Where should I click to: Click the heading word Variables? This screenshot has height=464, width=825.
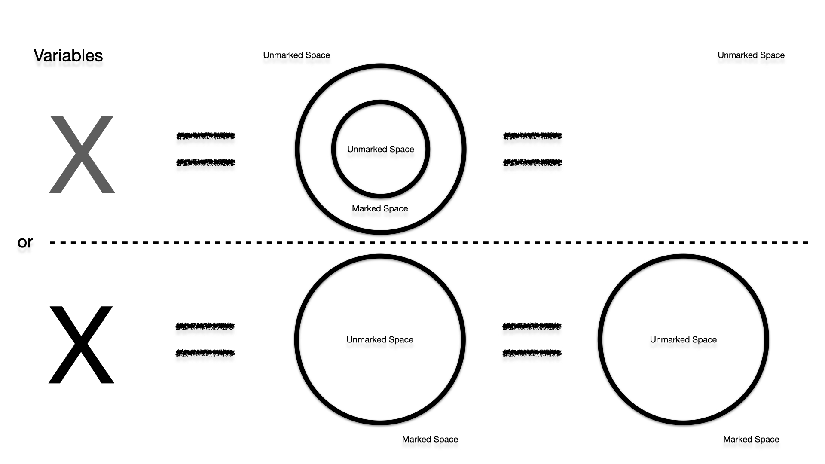[x=68, y=55]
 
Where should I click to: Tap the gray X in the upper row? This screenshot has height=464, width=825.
[x=82, y=154]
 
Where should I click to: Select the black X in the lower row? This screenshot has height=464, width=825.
[x=81, y=345]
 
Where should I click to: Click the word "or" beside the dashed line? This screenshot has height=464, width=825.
[x=25, y=242]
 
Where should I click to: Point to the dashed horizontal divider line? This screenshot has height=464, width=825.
[x=430, y=243]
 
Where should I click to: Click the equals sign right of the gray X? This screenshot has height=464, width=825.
[x=206, y=149]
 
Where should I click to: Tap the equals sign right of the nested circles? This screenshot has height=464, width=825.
[x=532, y=149]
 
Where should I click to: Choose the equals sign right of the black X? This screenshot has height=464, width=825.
[x=205, y=339]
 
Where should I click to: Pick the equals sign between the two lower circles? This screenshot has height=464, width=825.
[x=532, y=339]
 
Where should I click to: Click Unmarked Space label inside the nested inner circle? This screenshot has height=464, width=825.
[x=380, y=149]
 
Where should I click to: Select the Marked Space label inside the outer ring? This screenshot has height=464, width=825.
[x=380, y=208]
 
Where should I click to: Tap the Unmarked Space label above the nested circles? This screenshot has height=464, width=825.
[x=296, y=55]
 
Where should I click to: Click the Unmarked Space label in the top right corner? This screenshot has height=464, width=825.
[x=751, y=55]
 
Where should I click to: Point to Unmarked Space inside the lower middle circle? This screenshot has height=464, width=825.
[x=380, y=339]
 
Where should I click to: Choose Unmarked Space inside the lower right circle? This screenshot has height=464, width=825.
[x=683, y=339]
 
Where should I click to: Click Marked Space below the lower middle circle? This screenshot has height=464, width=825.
[x=430, y=439]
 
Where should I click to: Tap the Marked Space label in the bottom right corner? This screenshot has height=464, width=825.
[x=751, y=439]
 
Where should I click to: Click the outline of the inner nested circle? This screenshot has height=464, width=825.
[x=333, y=149]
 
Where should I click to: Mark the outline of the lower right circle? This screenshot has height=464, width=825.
[x=600, y=339]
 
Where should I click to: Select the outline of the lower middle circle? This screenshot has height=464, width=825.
[x=297, y=339]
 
